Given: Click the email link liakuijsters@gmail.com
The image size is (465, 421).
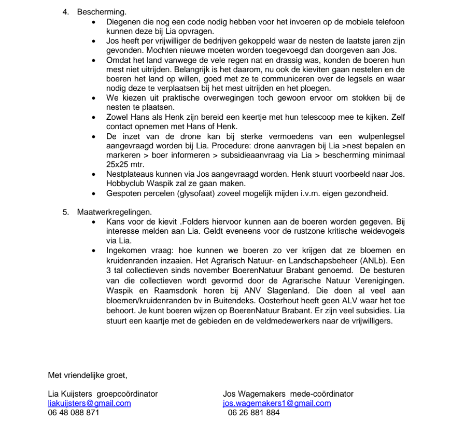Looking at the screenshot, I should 89,403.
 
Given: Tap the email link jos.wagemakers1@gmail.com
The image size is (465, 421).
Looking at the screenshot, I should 277,403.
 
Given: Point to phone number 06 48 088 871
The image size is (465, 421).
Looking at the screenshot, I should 73,413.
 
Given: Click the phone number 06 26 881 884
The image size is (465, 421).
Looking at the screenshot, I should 253,413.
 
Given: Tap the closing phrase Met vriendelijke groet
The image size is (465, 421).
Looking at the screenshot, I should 88,375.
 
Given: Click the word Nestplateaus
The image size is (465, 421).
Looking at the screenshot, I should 129,174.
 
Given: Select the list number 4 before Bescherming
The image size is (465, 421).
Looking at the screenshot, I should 65,11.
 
